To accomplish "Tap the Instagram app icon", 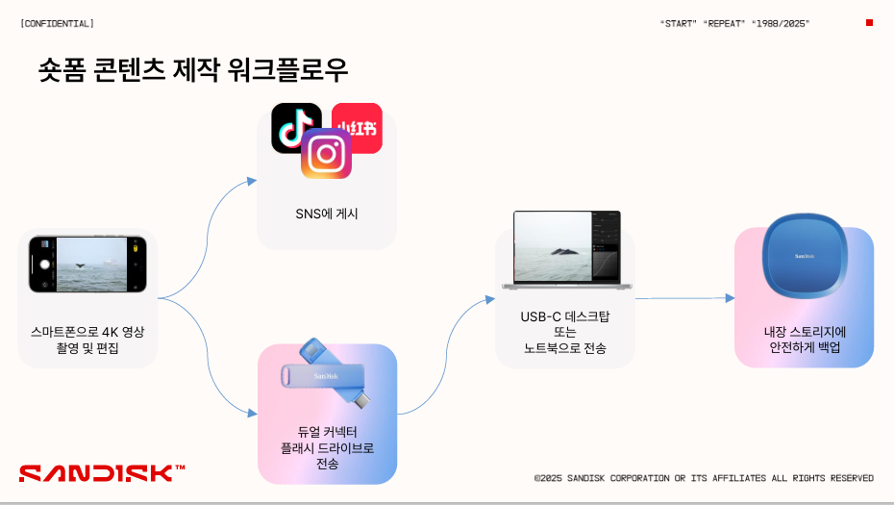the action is pos(326,154).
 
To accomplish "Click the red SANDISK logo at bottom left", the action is pos(102,473).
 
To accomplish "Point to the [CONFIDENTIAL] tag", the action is pos(57,23).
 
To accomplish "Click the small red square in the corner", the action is pos(869,23).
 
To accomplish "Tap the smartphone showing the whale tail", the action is pos(87,265).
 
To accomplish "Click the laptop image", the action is pos(567,250).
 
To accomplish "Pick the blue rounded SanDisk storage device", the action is pos(805,256).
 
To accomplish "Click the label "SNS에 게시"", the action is pos(327,214).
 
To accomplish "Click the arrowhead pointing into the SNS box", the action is pos(252,181).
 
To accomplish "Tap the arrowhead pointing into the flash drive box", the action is pos(253,413).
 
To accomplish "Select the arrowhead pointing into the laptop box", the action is pos(490,299).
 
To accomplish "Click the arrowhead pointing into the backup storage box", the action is pos(730,298).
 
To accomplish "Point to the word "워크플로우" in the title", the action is pos(287,70).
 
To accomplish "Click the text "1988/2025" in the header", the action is pos(781,23).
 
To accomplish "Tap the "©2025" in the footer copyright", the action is pos(548,478).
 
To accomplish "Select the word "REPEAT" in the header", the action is pos(724,23).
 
